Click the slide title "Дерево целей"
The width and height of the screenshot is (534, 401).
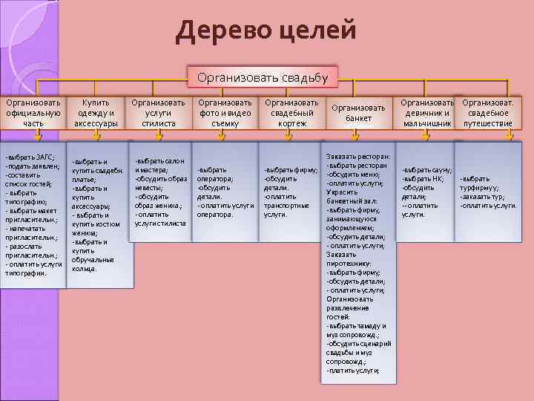pyautogui.click(x=266, y=31)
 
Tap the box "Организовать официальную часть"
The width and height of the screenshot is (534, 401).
pyautogui.click(x=33, y=112)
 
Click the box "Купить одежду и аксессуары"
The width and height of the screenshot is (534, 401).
pyautogui.click(x=96, y=112)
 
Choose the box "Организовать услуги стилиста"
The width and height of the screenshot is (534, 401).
pyautogui.click(x=159, y=112)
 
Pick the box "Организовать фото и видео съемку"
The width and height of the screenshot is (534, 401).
pyautogui.click(x=225, y=112)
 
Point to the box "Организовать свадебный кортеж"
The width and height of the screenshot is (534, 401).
pyautogui.click(x=291, y=112)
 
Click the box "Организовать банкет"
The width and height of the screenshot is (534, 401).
pyautogui.click(x=358, y=113)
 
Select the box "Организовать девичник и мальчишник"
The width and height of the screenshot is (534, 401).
pyautogui.click(x=427, y=112)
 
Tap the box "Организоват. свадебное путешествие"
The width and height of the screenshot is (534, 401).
pyautogui.click(x=487, y=112)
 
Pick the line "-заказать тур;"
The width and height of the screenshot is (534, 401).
pyautogui.click(x=484, y=196)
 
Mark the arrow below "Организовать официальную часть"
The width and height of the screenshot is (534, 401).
pyautogui.click(x=37, y=136)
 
